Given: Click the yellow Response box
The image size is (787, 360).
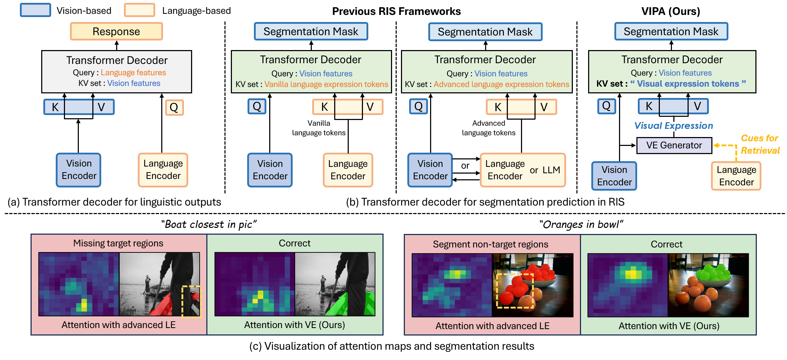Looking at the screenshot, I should pos(116,31).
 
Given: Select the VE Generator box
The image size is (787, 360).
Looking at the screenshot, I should pos(674,145).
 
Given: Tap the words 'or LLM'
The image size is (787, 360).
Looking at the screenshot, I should pos(545,170).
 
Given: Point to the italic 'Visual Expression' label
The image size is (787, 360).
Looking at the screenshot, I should pos(673,126).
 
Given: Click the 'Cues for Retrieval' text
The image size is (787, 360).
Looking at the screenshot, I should pos(760,144).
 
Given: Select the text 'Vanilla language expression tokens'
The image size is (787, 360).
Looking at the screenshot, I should pos(326,84).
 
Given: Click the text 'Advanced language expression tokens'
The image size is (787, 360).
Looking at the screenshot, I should pos(501,84).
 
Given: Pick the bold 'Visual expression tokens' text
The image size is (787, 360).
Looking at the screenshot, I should pos(688,84).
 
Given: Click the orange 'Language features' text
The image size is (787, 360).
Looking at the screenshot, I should pos(133,72).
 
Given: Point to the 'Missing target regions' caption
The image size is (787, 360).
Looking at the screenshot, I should pos(118,243).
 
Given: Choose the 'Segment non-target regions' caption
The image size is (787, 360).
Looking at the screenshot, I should pos(490,244).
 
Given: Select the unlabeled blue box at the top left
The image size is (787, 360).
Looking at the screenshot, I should pos(36,10).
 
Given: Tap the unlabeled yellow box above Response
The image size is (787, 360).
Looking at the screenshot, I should pos(139,10).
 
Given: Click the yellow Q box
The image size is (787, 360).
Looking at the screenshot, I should pos(174,107).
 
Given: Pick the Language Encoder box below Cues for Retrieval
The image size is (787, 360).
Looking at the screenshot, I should pos(736,176).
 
